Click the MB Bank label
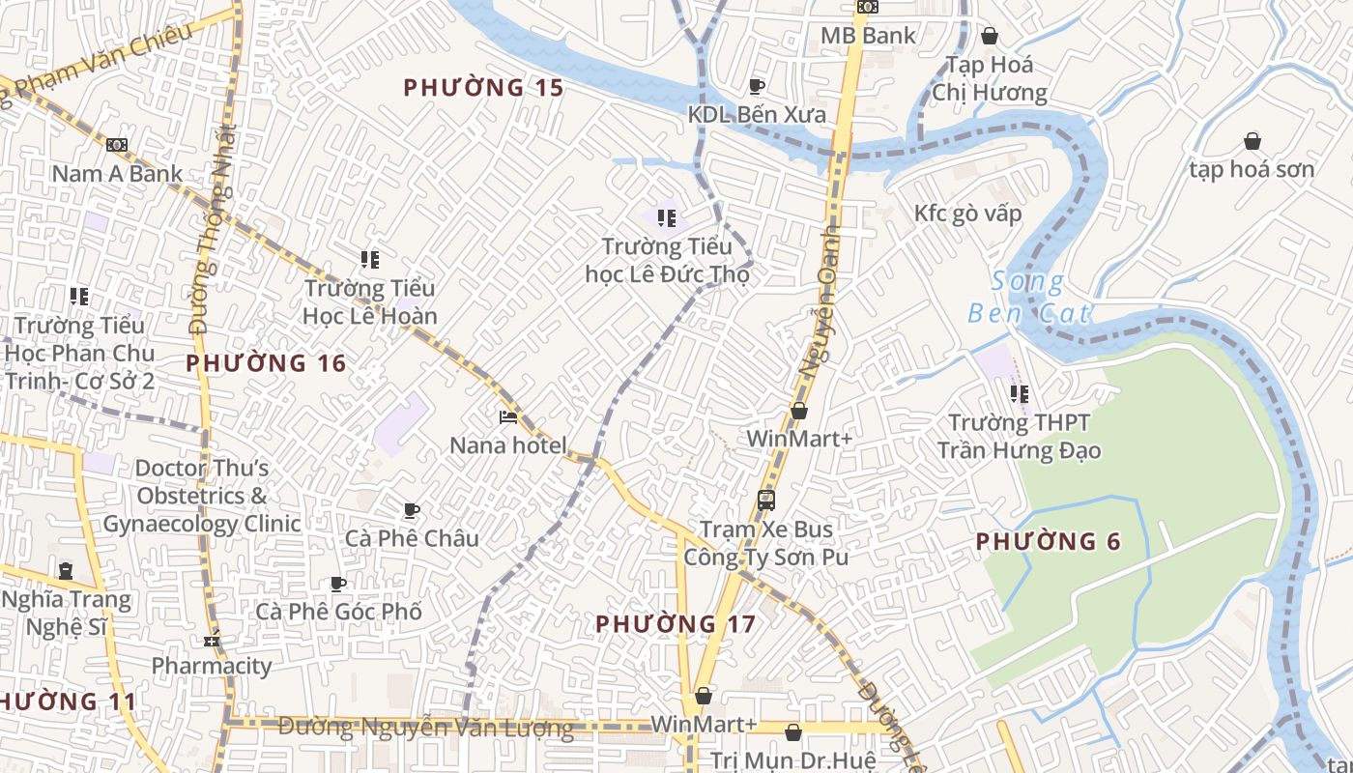(868, 36)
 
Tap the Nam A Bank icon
(117, 145)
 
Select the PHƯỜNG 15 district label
(483, 88)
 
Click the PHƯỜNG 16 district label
(266, 364)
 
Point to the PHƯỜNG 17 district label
(676, 624)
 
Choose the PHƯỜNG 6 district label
(1049, 542)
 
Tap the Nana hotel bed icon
(508, 417)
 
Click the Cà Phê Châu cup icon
(412, 510)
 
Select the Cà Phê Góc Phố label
(338, 612)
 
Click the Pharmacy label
(212, 666)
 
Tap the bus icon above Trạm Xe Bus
(766, 501)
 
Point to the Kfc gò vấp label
(967, 214)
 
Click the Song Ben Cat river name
(1029, 298)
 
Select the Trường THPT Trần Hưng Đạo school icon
(1019, 394)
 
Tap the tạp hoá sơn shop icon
(1252, 142)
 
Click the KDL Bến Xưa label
(757, 115)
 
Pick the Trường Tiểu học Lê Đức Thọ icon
(666, 218)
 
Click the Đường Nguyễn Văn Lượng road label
(425, 728)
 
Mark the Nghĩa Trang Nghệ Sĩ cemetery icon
(66, 571)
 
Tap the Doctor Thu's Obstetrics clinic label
(201, 497)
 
